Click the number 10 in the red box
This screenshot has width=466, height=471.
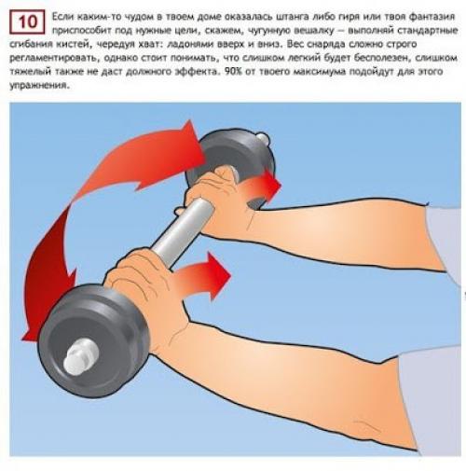pyautogui.click(x=27, y=22)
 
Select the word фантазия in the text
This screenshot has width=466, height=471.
pyautogui.click(x=432, y=17)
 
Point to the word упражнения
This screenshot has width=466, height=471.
pyautogui.click(x=38, y=86)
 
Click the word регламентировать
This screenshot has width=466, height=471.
pyautogui.click(x=54, y=59)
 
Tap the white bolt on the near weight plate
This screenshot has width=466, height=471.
pyautogui.click(x=80, y=355)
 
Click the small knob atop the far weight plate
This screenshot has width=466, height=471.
pyautogui.click(x=263, y=138)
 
